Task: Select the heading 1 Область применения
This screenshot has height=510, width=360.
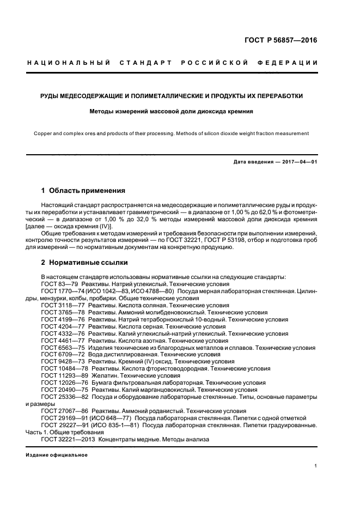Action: pos(83,191)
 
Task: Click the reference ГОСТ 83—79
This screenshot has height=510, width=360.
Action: pos(63,284)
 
